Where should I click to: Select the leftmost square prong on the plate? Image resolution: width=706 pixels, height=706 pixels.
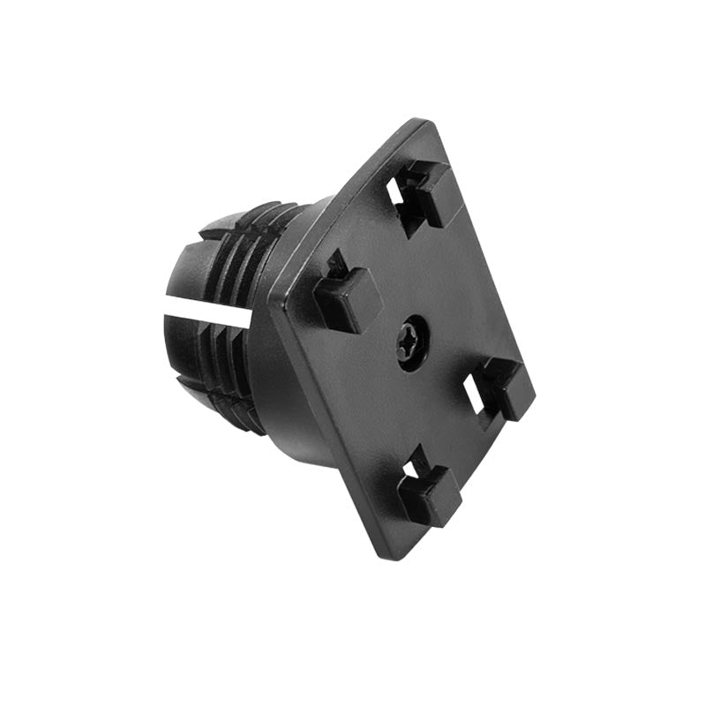click(347, 297)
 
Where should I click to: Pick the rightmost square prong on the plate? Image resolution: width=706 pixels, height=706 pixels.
click(506, 388)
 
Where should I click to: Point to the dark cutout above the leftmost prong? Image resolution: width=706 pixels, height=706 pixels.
click(335, 264)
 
